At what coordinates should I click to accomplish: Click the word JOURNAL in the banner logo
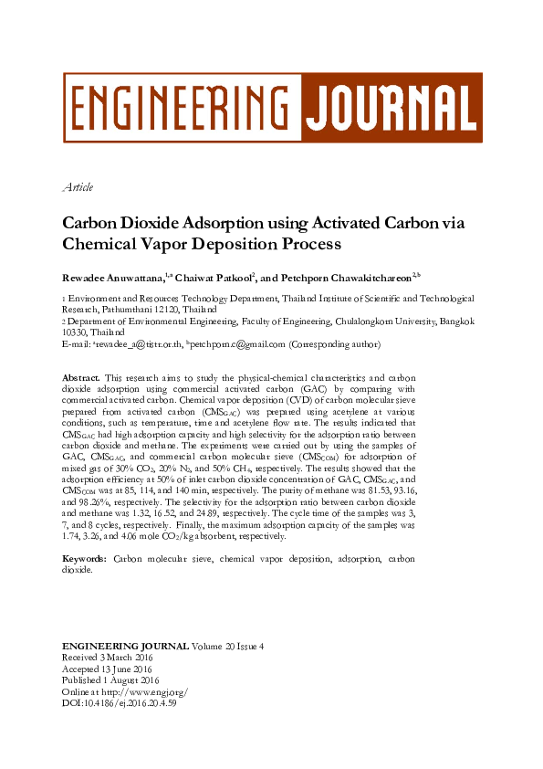[390, 107]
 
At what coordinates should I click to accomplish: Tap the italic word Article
[78, 187]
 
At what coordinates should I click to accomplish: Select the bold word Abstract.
[80, 378]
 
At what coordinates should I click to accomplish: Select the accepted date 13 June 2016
[125, 669]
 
